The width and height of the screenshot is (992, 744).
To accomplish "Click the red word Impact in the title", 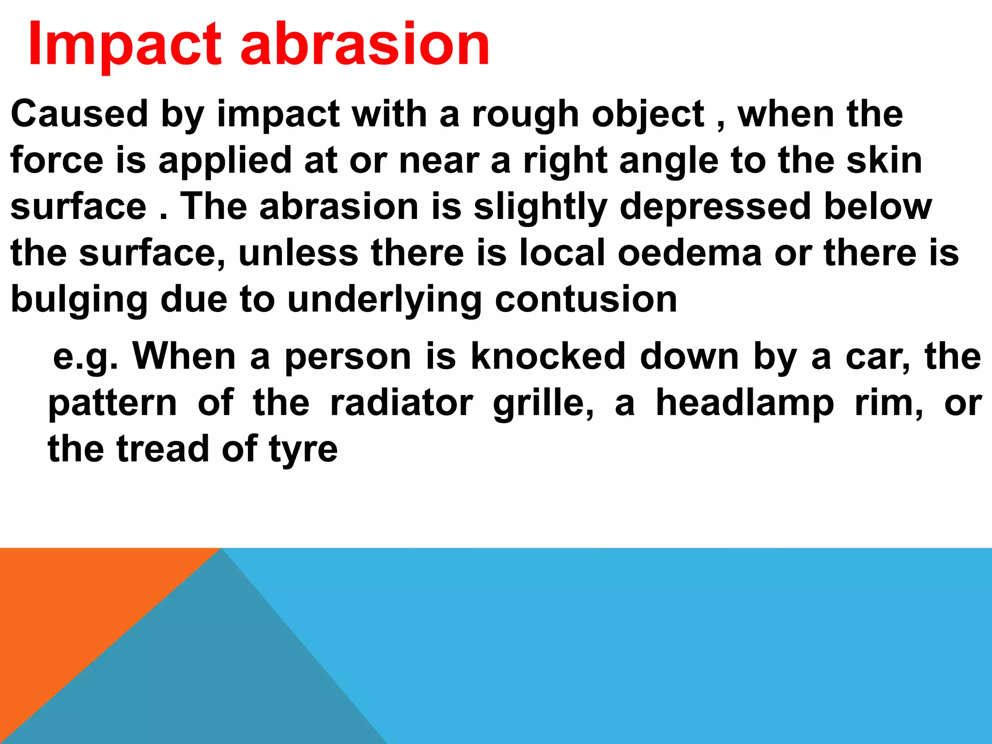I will click(125, 45).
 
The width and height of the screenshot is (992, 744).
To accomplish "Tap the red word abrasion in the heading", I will click(365, 45).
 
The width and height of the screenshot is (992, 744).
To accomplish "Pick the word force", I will click(57, 161).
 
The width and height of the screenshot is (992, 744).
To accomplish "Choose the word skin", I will click(884, 161).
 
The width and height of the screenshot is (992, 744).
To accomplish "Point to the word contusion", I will click(586, 299).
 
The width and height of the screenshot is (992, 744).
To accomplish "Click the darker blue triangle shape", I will click(218, 678).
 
